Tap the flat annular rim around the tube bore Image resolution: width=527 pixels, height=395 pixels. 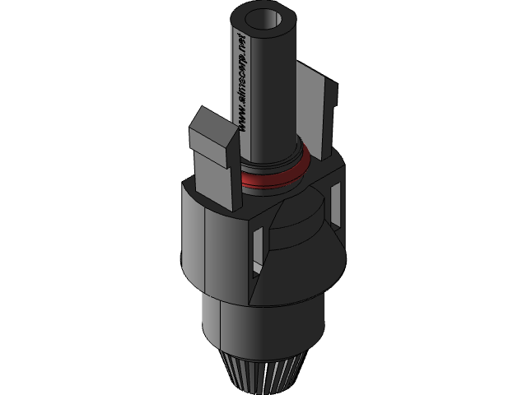pos(248,25)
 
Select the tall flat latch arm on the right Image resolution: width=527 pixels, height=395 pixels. pos(317,123)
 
